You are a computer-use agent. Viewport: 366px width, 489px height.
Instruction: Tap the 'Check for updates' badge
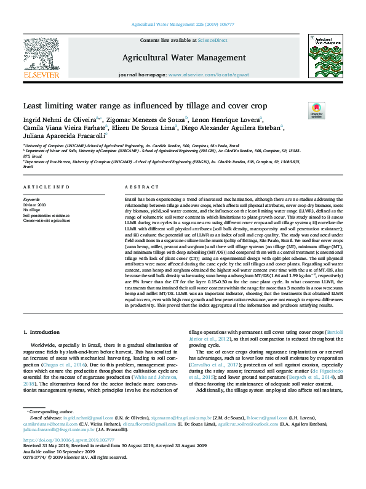(x=317, y=111)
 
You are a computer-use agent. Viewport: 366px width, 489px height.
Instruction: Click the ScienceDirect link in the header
(x=213, y=40)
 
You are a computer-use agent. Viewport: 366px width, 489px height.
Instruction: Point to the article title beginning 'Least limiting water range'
(x=145, y=105)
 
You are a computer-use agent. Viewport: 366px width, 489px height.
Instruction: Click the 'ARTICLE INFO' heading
(x=46, y=187)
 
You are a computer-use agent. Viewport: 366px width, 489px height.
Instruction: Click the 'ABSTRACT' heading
(x=141, y=187)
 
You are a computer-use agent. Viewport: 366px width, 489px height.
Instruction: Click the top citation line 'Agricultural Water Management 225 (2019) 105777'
(x=183, y=25)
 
